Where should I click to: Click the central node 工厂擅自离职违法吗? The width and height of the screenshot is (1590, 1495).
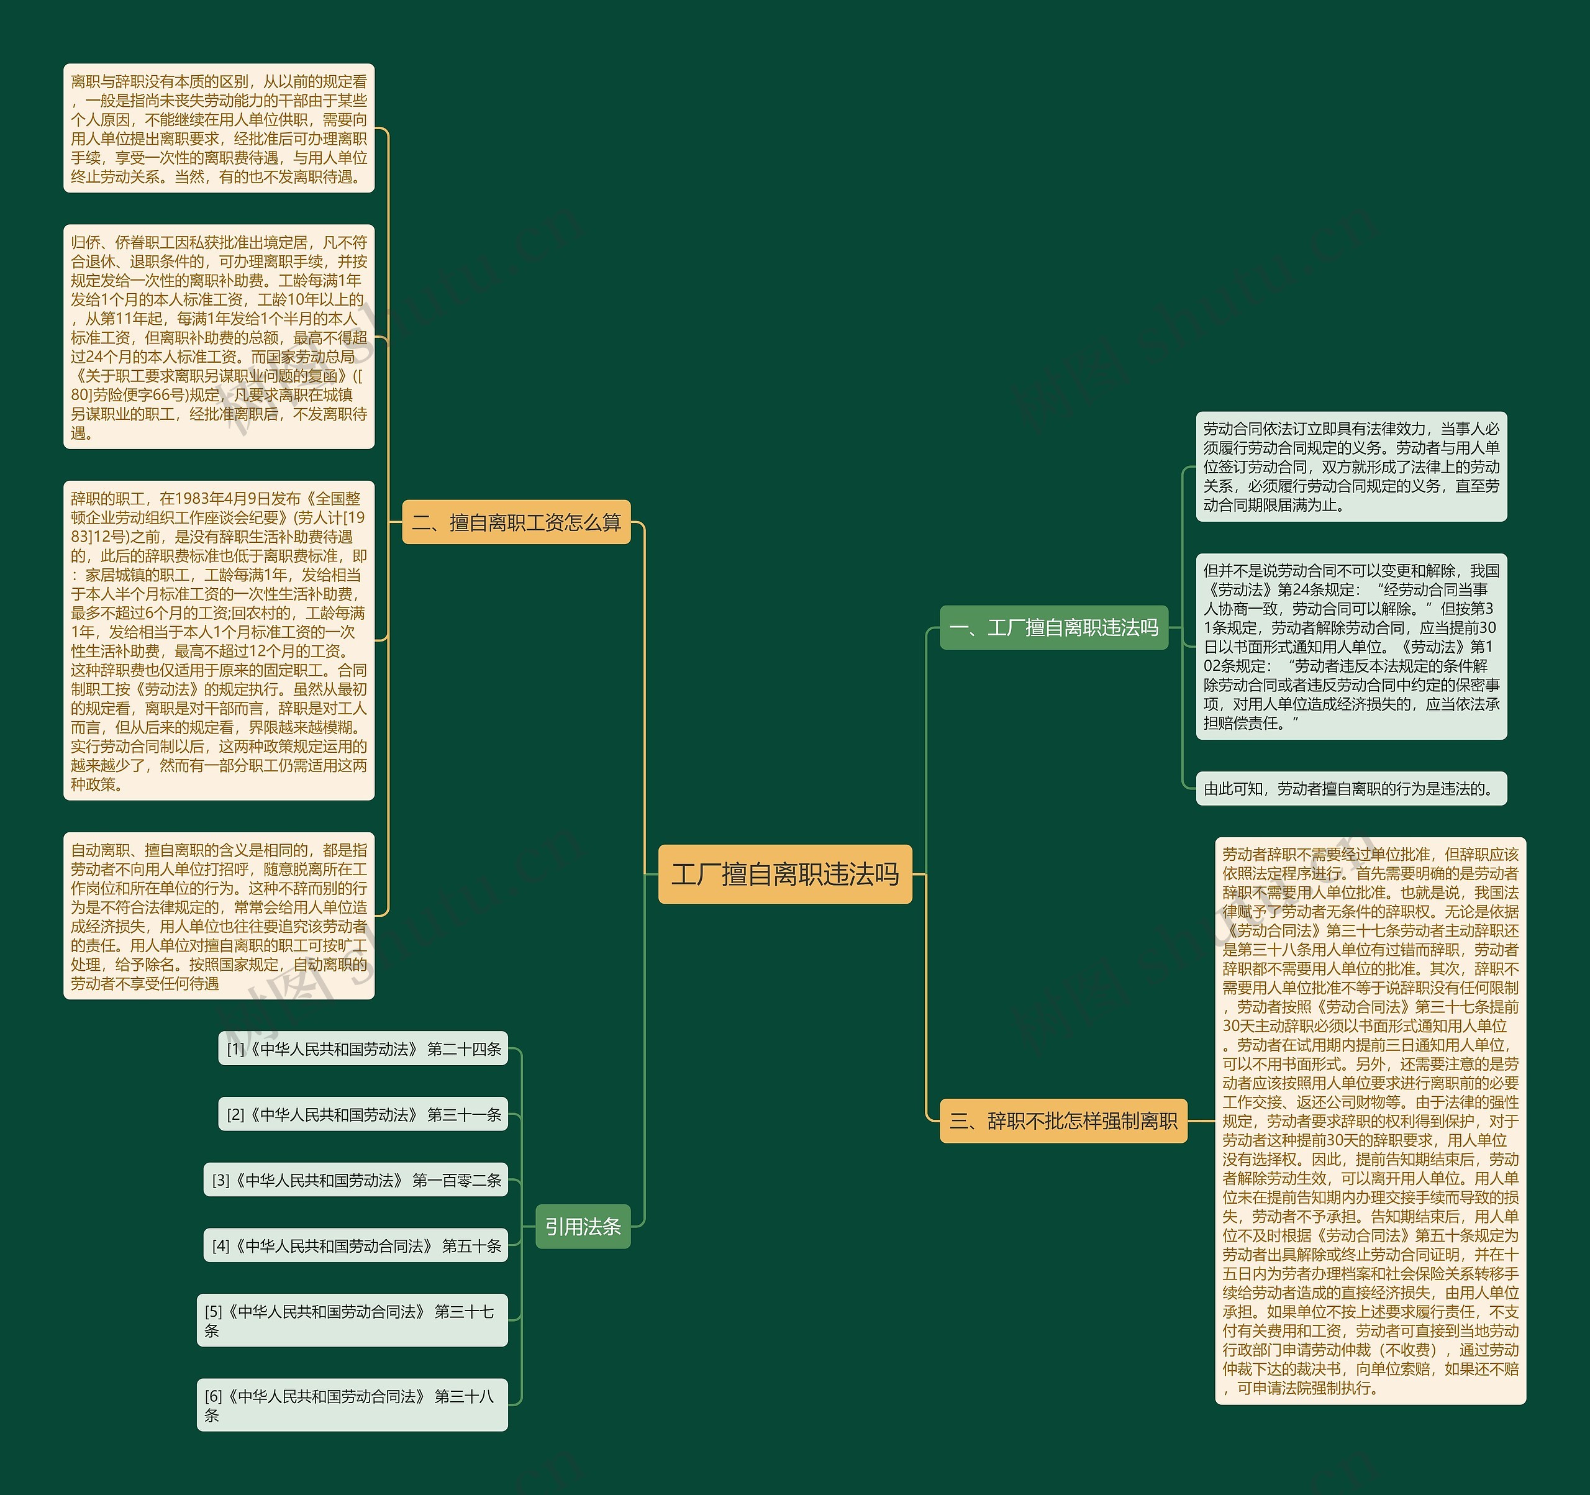pos(784,875)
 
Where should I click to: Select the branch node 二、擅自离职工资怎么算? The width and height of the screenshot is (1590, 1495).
pos(516,522)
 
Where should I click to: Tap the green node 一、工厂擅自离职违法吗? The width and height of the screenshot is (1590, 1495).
pos(1053,628)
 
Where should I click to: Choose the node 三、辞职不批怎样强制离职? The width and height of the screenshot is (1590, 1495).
pos(1063,1120)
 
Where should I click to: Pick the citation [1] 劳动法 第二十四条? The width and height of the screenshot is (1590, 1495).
pos(363,1048)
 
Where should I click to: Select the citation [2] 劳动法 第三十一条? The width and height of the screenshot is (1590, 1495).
pos(363,1114)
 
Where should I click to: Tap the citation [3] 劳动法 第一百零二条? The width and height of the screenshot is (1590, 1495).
pos(356,1180)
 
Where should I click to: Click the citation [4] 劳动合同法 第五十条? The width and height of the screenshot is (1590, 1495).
pos(356,1245)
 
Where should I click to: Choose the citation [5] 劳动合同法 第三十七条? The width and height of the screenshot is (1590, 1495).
pos(352,1320)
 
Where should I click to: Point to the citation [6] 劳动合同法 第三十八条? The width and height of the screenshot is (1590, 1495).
pos(352,1406)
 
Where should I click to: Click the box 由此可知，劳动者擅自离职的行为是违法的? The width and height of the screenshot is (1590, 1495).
pos(1351,789)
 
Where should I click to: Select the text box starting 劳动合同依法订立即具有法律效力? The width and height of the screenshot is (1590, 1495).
pos(1351,467)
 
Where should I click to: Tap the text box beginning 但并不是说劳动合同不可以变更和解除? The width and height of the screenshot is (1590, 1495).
pos(1351,647)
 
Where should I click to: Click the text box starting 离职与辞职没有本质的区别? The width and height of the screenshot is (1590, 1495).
pos(219,129)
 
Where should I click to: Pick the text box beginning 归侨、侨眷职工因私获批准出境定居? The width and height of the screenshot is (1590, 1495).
pos(219,337)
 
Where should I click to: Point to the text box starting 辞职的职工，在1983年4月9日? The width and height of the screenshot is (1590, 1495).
pos(219,641)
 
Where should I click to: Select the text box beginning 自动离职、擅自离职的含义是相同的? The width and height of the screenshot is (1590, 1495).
pos(219,916)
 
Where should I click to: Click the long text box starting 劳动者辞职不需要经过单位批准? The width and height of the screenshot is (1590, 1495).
pos(1370,1120)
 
